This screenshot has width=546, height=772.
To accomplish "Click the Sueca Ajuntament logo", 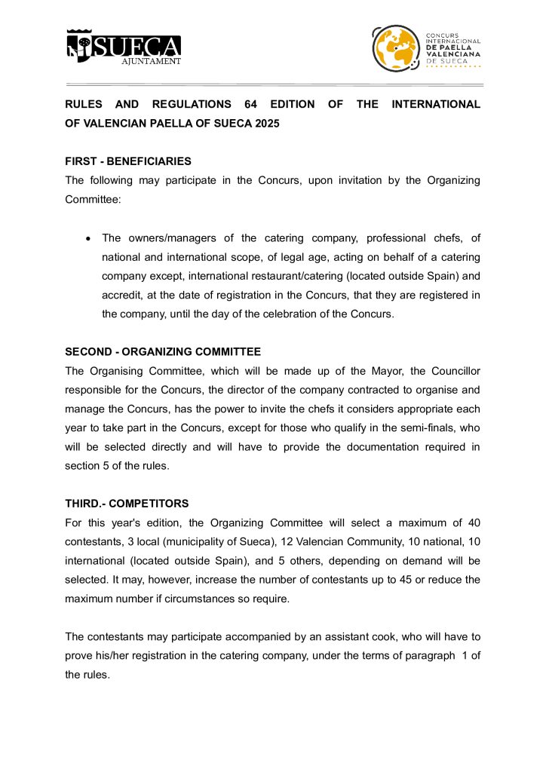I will (124, 47).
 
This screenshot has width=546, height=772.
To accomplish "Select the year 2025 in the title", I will (267, 124).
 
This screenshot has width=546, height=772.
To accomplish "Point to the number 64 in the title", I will (251, 104).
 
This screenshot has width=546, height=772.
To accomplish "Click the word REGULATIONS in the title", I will (192, 104).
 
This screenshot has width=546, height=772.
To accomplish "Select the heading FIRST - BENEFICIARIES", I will (128, 161).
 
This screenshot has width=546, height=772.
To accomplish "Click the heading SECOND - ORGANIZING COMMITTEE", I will (163, 352).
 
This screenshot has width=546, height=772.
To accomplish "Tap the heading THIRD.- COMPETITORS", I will (127, 504).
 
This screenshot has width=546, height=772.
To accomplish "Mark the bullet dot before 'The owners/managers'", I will (88, 239).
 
